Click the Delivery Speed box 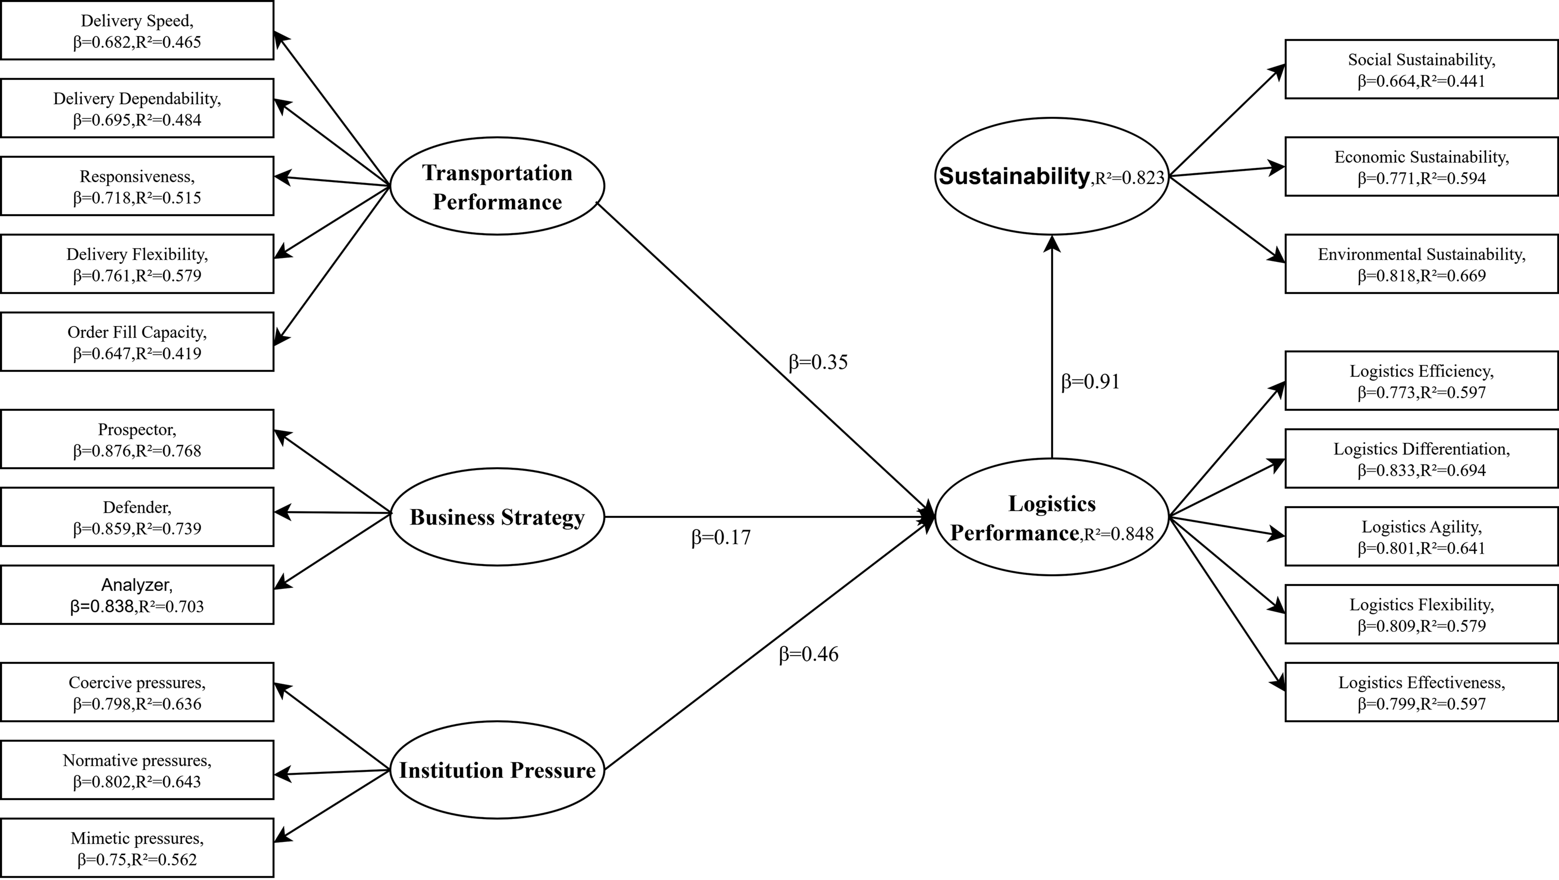tap(137, 30)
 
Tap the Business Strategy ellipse tap(497, 517)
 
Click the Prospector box tap(137, 439)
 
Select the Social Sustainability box tap(1421, 70)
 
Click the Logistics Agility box tap(1421, 537)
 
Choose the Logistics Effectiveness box tap(1421, 692)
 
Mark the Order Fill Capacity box tap(137, 342)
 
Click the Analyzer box tap(137, 595)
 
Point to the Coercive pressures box tap(137, 692)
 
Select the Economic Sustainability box tap(1421, 167)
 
